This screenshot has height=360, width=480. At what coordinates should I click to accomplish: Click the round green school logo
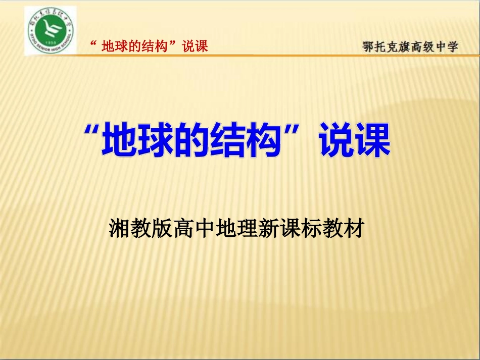click(50, 31)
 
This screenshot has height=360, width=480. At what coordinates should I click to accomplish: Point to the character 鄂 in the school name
click(369, 46)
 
